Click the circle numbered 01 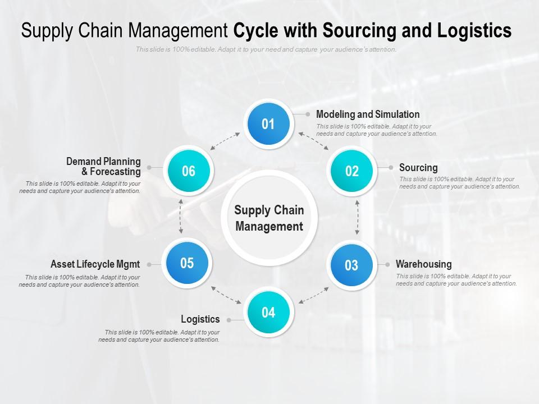click(x=268, y=124)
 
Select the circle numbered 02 click(x=352, y=171)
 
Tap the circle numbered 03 click(x=351, y=265)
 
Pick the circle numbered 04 click(x=268, y=313)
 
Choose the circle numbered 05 click(x=187, y=263)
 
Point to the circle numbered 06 click(x=188, y=171)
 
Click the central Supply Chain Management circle click(x=269, y=218)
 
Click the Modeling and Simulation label click(x=368, y=114)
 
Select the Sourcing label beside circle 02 click(x=418, y=168)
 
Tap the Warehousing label click(x=423, y=264)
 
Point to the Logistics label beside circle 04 click(x=200, y=319)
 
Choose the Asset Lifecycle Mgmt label click(x=95, y=264)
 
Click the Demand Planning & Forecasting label click(x=103, y=167)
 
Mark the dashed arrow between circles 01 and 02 click(x=314, y=141)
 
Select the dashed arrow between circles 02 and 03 click(x=358, y=217)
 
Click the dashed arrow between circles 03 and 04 click(x=314, y=295)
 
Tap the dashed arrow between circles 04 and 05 click(x=226, y=295)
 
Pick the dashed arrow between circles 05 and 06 click(x=180, y=216)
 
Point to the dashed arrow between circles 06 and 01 click(x=225, y=141)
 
